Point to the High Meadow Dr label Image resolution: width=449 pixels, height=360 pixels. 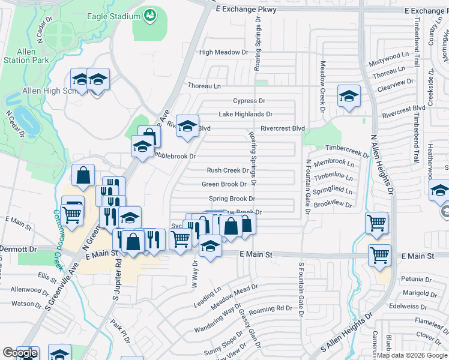point(223,52)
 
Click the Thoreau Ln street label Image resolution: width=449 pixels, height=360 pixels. point(204,86)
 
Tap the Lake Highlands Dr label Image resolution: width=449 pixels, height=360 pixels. point(246,114)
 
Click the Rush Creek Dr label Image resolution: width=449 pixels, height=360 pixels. point(228,170)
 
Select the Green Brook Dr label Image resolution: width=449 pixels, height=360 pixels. point(224,184)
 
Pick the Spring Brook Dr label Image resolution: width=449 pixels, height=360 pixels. point(232,199)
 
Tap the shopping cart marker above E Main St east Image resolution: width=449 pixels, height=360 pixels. point(376,223)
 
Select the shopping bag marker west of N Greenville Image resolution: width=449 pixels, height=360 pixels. point(83,175)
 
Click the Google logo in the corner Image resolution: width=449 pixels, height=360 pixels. point(20,353)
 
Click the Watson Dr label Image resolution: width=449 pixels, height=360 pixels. point(22,304)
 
